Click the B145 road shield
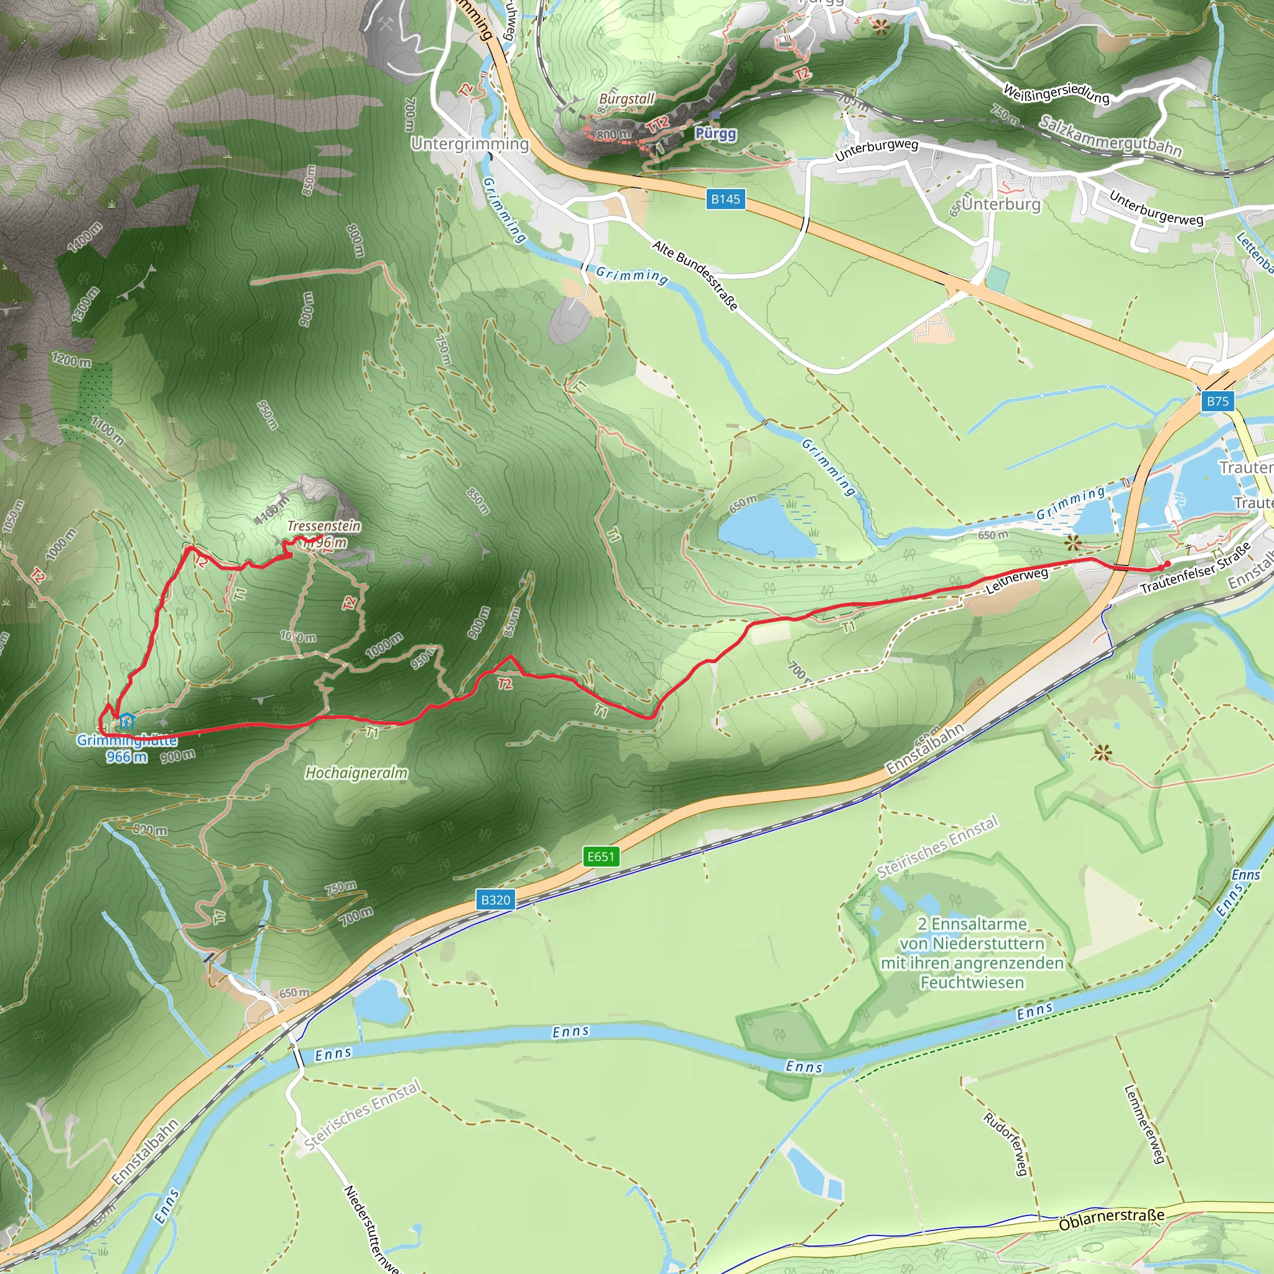(725, 199)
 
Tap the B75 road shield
(1217, 401)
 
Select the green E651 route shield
(601, 857)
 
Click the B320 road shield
(495, 900)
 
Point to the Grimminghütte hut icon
(127, 722)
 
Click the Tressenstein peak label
(323, 526)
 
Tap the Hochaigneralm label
(356, 773)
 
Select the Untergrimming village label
(470, 144)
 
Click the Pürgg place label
(715, 134)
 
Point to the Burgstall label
(626, 99)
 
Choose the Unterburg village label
(1001, 205)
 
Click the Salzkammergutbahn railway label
(1110, 136)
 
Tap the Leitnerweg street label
(1017, 581)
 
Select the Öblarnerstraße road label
(1112, 1220)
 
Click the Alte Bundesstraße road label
(695, 275)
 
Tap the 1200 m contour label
(71, 361)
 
